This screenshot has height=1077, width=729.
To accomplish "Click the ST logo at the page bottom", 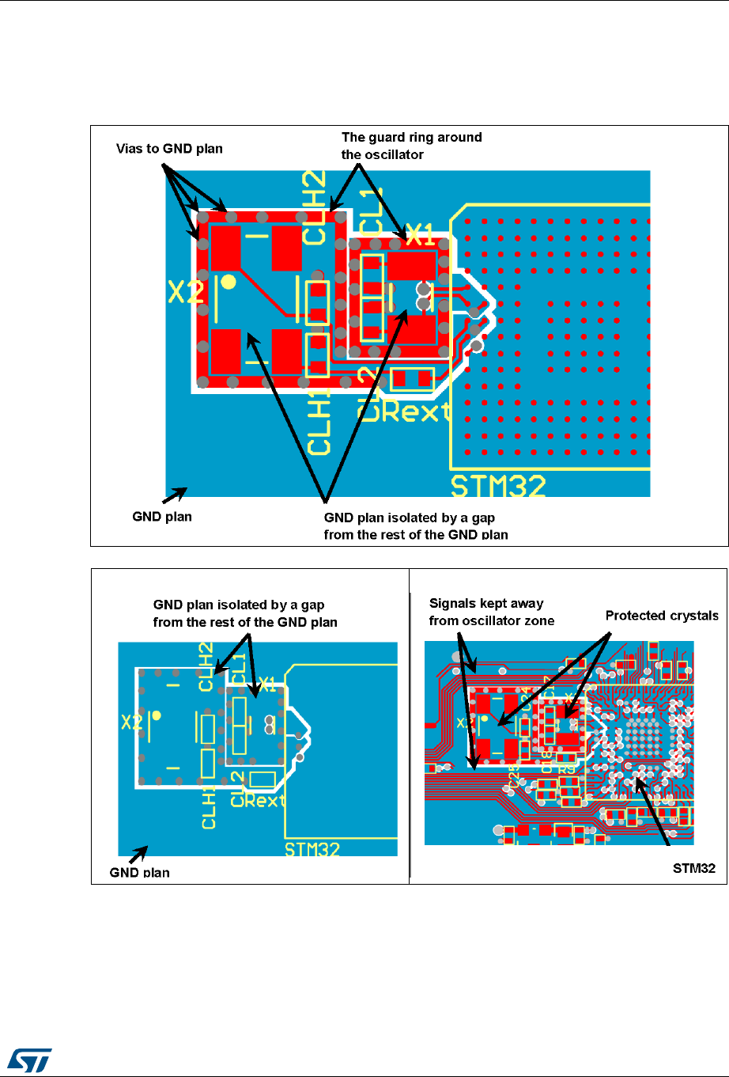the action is click(30, 1057).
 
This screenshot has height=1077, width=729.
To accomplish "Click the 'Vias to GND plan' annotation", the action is click(169, 148).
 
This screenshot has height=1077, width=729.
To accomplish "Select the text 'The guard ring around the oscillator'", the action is click(411, 146).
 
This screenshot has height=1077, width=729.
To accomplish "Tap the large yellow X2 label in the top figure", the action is click(186, 293).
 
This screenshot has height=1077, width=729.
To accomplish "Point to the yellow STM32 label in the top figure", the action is click(497, 484).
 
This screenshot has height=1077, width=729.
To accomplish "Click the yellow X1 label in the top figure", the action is click(420, 234).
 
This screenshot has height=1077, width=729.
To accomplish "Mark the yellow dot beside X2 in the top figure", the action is click(228, 281).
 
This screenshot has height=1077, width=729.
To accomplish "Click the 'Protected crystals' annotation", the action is click(662, 616).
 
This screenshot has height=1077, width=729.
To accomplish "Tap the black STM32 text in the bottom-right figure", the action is click(693, 868).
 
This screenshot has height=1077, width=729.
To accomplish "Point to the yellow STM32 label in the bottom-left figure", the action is click(312, 849).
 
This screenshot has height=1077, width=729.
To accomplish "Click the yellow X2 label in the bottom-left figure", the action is click(131, 722).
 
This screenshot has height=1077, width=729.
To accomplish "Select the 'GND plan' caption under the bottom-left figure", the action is click(139, 873).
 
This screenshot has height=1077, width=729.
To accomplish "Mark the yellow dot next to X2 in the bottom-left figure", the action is click(157, 715).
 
